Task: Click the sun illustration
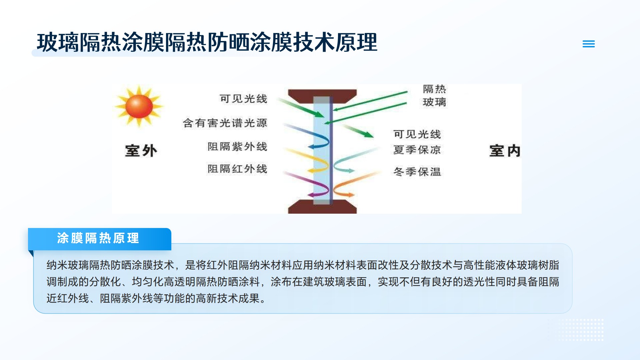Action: point(139,106)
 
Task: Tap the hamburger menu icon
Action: point(589,44)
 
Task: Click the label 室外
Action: point(141,151)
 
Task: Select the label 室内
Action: point(505,151)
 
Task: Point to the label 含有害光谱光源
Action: point(225,123)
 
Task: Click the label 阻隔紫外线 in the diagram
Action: point(237,146)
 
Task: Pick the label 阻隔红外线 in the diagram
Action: point(237,169)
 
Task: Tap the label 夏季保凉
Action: point(417,150)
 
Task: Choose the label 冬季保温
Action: point(417,172)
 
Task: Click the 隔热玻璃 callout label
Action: point(434,96)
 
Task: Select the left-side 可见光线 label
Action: point(243,99)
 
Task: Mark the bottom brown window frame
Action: point(322,207)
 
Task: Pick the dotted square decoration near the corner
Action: point(576,330)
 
